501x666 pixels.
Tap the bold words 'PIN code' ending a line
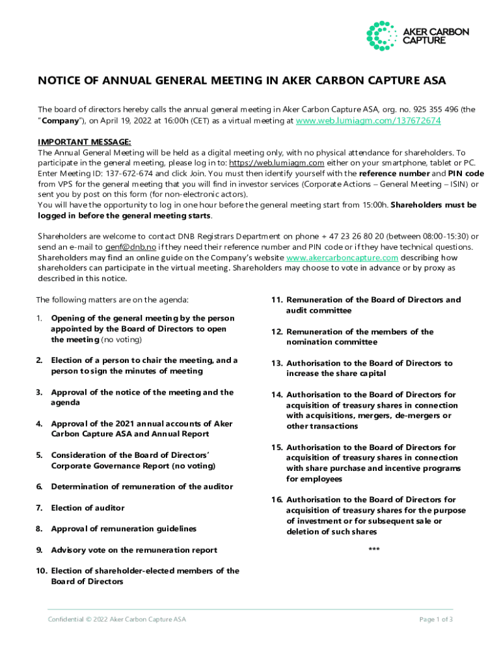coord(465,174)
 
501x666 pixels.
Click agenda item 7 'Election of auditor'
coord(87,508)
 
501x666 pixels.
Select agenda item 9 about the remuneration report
coord(134,550)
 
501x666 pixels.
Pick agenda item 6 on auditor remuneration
coord(142,486)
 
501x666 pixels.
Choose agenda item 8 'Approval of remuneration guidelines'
coord(124,529)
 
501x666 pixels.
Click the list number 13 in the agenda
coord(276,364)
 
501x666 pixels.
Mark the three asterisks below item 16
coord(374,550)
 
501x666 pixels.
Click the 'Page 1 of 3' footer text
coord(437,619)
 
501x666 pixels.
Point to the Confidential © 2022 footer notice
coord(116,619)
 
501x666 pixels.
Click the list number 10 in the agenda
coord(41,571)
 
